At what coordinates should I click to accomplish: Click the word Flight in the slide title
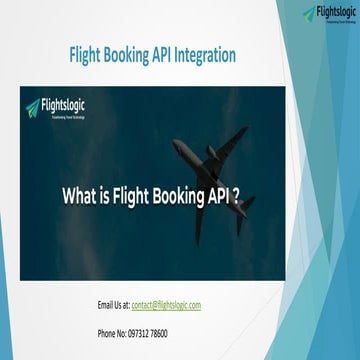point(89,56)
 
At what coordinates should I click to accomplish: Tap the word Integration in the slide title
point(206,56)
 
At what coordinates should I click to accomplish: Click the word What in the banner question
point(83,195)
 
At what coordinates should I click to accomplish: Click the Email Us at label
point(113,305)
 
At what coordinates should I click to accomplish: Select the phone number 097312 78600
point(146,333)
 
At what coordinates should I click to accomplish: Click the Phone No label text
point(109,333)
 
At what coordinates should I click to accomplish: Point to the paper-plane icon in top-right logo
point(308,14)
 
